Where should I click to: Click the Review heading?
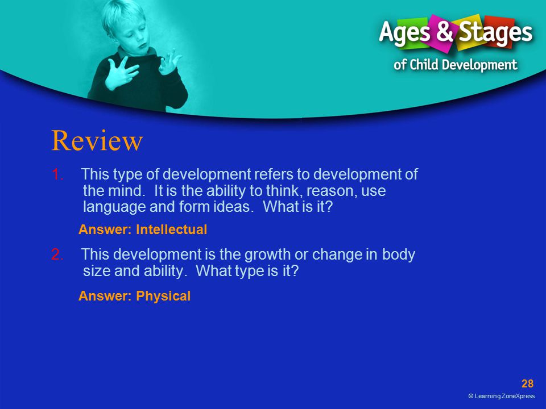coord(97,140)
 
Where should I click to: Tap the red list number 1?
coord(57,174)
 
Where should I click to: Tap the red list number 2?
coord(57,254)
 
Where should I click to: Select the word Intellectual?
coord(171,229)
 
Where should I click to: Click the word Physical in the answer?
coord(163,296)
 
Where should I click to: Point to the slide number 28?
coord(527,383)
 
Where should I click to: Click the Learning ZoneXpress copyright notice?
coord(502,396)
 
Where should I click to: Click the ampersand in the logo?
coord(444,31)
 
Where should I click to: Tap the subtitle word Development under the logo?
coord(480,65)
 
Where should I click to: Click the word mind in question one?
coord(126,191)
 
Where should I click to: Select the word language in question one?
coord(114,207)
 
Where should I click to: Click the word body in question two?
coord(398,255)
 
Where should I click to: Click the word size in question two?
coord(97,271)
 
